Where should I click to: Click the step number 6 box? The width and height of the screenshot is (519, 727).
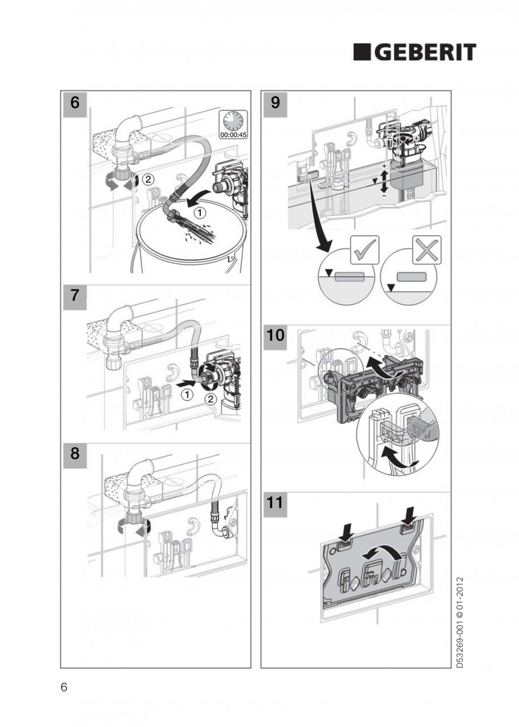[74, 103]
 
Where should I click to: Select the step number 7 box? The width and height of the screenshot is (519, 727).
[74, 297]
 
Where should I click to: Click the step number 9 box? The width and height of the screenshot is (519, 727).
[275, 103]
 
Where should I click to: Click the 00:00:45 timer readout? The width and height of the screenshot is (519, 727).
[233, 135]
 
